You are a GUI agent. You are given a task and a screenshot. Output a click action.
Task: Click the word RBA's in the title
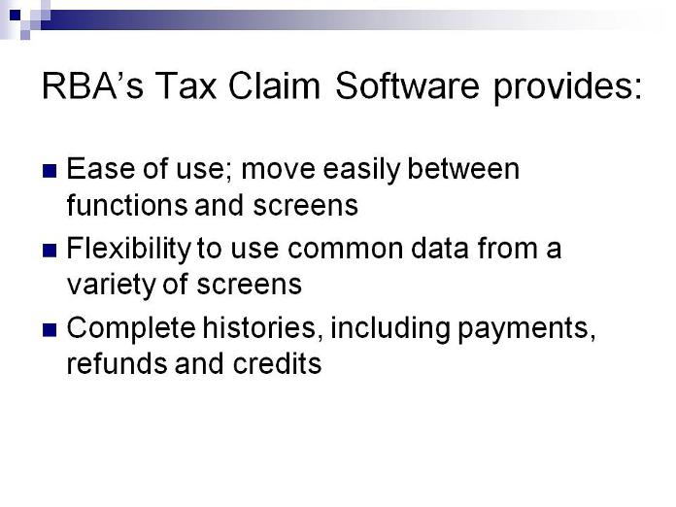click(x=92, y=85)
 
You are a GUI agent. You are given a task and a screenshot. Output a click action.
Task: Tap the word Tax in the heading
click(x=186, y=85)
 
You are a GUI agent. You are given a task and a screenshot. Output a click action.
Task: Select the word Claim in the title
click(x=274, y=85)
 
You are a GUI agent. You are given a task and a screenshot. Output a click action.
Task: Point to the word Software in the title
click(x=407, y=85)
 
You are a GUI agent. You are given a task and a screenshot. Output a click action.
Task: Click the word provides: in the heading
click(x=567, y=87)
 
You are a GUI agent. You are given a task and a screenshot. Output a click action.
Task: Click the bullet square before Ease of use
click(x=50, y=171)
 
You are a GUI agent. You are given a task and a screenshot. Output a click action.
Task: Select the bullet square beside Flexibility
click(x=50, y=251)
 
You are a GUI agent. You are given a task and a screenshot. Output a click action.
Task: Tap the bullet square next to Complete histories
click(x=50, y=330)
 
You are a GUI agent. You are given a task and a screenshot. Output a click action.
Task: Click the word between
click(x=463, y=168)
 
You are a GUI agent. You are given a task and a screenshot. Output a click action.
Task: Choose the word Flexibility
click(x=128, y=250)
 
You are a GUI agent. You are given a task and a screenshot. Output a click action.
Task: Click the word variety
click(x=112, y=287)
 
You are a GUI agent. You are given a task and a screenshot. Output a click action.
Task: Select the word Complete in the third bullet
click(x=131, y=329)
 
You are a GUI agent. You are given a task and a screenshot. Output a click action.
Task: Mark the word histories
click(x=262, y=328)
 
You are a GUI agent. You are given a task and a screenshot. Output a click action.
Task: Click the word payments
click(x=526, y=330)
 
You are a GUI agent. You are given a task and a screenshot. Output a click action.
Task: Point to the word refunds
click(x=118, y=363)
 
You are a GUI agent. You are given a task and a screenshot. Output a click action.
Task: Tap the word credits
click(x=277, y=363)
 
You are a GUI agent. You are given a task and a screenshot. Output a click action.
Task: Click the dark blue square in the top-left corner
click(x=16, y=16)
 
